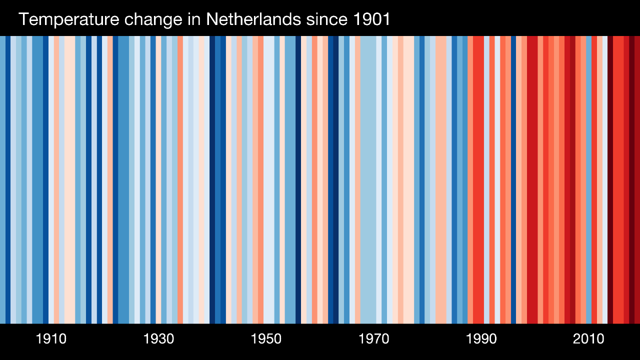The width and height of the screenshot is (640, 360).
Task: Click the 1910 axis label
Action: (51, 339)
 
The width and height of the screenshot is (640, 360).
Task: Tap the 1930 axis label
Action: (158, 339)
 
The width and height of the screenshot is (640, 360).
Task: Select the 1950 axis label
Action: (266, 339)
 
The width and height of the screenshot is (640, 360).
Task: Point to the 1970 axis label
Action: (373, 339)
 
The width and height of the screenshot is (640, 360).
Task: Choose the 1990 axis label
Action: (481, 339)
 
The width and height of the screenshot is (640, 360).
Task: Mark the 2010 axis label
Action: (588, 339)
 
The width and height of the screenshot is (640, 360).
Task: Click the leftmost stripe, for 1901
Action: (2, 180)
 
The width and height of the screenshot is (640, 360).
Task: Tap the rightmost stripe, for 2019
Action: (637, 180)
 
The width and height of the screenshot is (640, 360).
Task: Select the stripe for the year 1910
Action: (51, 180)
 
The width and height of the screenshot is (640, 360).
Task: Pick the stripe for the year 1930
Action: (158, 180)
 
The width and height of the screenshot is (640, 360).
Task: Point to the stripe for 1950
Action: (266, 180)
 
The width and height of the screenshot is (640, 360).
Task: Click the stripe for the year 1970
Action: (373, 180)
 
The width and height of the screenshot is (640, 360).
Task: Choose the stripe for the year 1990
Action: (481, 180)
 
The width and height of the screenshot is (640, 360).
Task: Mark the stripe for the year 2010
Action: (588, 180)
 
